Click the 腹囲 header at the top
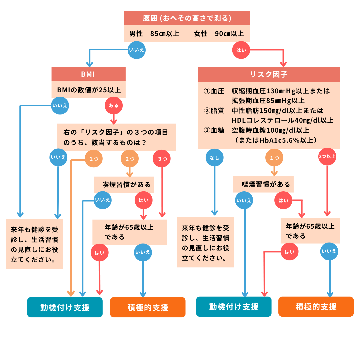(187, 18)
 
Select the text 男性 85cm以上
(154, 34)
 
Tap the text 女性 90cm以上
(219, 34)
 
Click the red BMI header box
(88, 74)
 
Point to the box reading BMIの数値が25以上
(89, 90)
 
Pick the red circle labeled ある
(114, 106)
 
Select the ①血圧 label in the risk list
(214, 91)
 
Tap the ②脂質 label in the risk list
(214, 111)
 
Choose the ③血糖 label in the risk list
(214, 130)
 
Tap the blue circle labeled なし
(215, 158)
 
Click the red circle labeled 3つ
(162, 159)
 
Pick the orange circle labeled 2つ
(130, 159)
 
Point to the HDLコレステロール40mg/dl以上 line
(282, 120)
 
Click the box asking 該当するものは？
(116, 137)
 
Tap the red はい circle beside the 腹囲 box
(241, 50)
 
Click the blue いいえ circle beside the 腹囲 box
(137, 50)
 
